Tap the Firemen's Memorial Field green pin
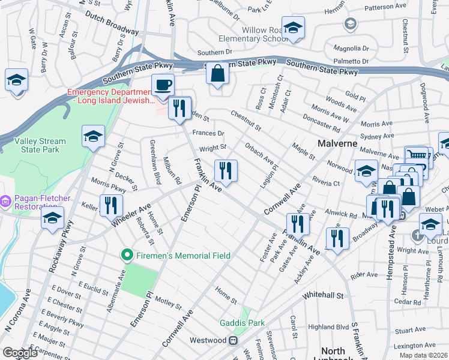127,256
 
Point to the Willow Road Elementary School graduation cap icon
293,28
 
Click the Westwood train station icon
232,340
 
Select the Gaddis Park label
242,323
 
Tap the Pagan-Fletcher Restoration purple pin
6,199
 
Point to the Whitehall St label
323,296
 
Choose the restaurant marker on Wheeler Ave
111,205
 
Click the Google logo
20,353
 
